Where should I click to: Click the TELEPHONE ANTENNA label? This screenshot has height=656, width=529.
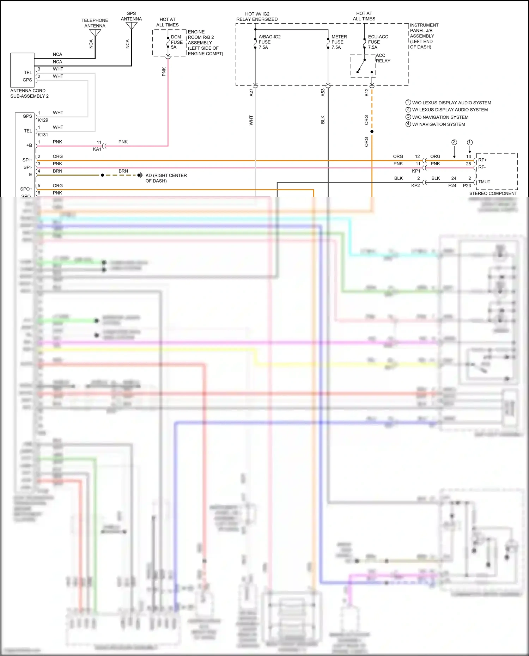click(95, 23)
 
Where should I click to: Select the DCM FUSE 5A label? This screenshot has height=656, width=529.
click(177, 42)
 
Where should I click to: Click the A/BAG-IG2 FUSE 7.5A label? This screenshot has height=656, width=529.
click(269, 42)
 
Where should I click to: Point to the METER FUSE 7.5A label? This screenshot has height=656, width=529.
click(339, 42)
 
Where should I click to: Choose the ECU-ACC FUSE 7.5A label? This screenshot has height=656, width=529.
click(378, 42)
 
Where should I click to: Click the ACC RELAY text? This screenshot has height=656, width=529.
click(383, 58)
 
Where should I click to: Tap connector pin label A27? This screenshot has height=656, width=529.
click(251, 92)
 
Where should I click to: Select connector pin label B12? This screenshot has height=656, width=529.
click(366, 92)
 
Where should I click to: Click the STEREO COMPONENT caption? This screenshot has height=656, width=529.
click(493, 193)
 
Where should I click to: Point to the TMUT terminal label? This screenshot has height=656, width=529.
click(484, 182)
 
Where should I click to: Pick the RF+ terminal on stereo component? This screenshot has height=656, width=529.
click(482, 160)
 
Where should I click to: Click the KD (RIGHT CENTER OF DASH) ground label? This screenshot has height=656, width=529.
click(166, 178)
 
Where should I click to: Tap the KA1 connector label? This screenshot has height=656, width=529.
click(97, 149)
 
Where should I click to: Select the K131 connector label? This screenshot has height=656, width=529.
click(43, 135)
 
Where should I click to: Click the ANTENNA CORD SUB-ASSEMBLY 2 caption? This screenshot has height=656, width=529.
click(29, 93)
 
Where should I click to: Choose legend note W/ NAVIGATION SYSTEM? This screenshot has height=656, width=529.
click(438, 124)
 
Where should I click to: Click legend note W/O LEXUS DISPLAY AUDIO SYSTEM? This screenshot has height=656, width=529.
click(451, 103)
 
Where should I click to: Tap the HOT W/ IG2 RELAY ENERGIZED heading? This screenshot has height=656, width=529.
click(257, 17)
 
